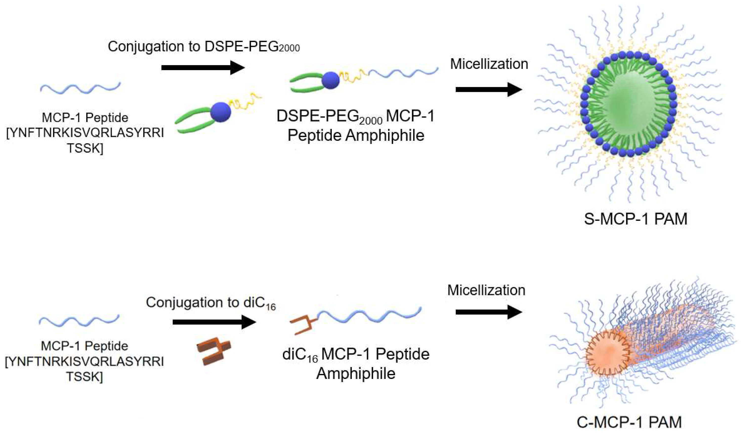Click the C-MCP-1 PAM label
629,422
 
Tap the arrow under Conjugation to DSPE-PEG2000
203,68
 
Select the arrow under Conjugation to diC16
214,322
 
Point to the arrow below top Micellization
489,89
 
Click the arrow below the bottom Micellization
489,312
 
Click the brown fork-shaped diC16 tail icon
213,351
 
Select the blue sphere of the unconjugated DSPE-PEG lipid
221,112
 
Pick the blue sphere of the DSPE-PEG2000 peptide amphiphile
330,80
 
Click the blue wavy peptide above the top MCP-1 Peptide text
80,87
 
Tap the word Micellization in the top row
489,64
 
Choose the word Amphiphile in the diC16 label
356,374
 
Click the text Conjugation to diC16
211,303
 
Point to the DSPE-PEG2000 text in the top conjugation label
252,47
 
